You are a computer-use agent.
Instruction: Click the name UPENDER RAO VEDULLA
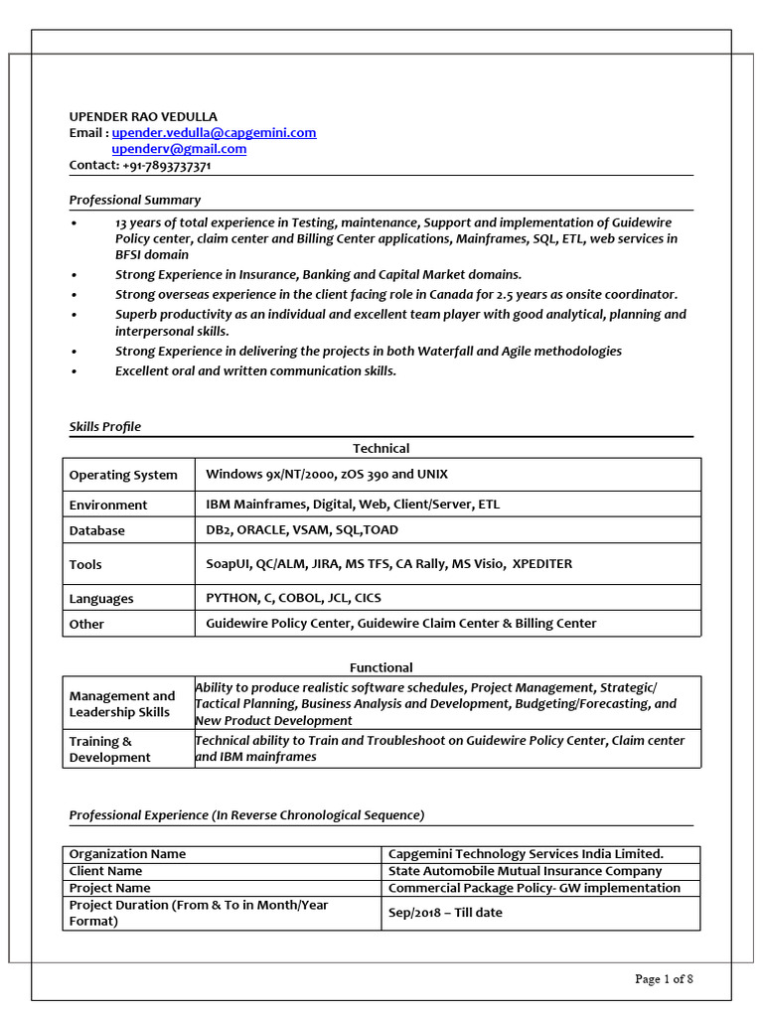pos(143,116)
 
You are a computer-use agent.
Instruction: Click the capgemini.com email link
pos(214,132)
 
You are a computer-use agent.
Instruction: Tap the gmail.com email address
pos(179,149)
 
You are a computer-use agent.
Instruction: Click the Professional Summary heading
pos(134,200)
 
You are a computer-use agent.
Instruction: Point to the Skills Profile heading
pos(104,426)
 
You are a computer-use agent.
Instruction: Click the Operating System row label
pos(123,475)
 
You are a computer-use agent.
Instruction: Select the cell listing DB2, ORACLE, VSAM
pos(302,529)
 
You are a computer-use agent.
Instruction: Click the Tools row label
pos(85,564)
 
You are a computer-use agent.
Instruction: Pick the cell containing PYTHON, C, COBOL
pos(293,598)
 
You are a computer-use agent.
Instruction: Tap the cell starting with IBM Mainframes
pos(353,504)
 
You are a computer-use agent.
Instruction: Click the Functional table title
pos(381,667)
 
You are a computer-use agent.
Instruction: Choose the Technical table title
pos(381,448)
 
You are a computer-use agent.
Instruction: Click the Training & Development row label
pos(109,749)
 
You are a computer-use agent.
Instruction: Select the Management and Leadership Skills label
pos(121,703)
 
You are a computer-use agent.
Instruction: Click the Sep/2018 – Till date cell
pos(445,912)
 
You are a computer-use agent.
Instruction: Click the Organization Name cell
pos(127,854)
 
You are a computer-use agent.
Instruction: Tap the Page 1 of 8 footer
pos(664,979)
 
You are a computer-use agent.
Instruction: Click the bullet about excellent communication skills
pos(255,370)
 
